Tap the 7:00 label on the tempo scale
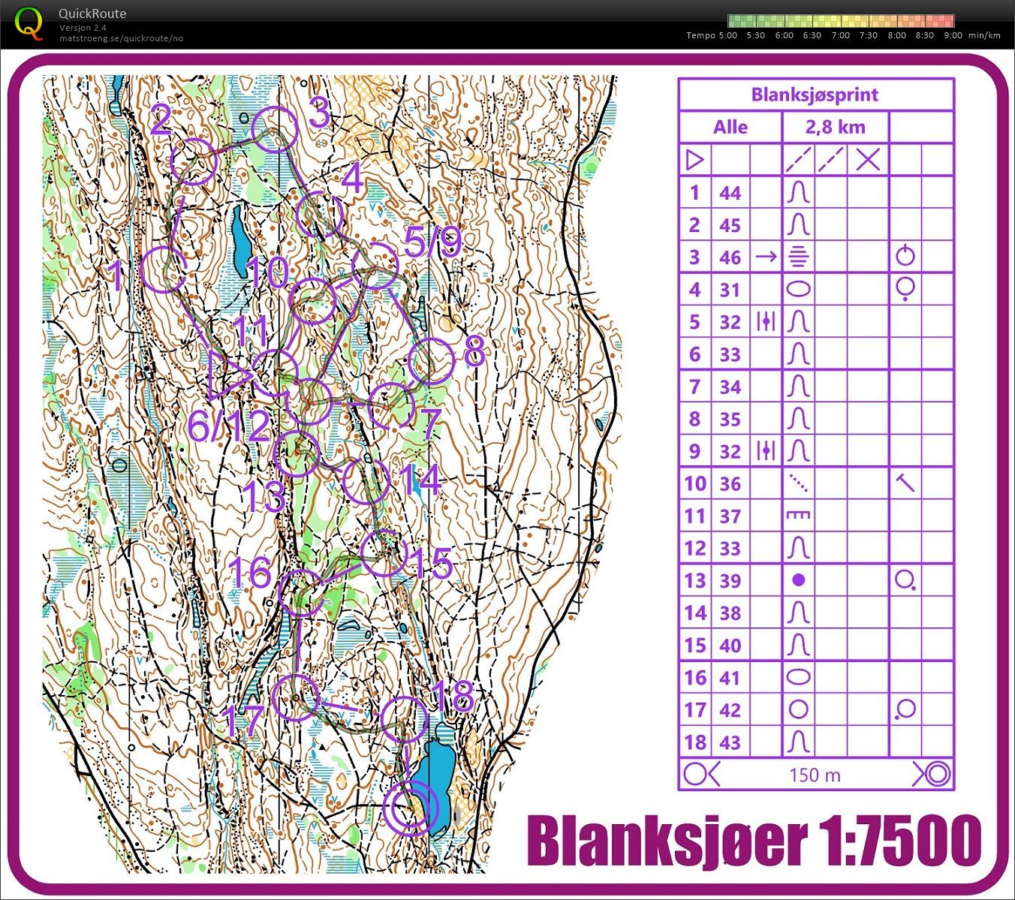point(840,35)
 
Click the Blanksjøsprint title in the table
point(815,95)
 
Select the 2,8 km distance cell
point(835,127)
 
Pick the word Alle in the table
point(730,127)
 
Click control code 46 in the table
point(730,257)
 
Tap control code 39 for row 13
point(730,580)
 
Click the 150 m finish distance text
point(815,775)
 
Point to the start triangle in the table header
point(694,159)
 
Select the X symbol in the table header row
point(868,159)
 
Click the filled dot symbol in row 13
point(799,579)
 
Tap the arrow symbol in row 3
point(766,257)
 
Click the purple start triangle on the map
point(227,374)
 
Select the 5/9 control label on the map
point(432,242)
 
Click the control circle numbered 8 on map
point(432,361)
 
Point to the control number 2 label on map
point(161,120)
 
